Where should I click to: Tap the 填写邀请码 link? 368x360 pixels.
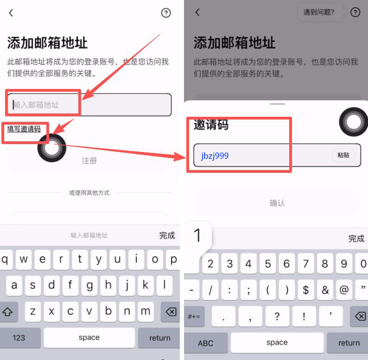coord(24,129)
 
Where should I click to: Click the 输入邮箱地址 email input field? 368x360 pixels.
coord(89,105)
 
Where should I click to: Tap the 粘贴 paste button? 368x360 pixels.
coord(343,155)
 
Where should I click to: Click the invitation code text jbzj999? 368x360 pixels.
coord(215,156)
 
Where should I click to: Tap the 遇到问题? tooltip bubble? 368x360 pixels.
coord(319,13)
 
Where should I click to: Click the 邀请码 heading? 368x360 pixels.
coord(211,125)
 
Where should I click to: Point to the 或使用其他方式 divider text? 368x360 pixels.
coord(89,193)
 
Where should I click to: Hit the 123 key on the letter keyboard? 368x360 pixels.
coord(19,338)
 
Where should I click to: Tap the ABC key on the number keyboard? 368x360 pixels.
coord(205,343)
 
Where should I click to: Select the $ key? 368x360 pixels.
coord(305,290)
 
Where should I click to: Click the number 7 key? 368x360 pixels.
coord(305,264)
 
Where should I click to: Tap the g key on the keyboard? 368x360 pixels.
coord(89,285)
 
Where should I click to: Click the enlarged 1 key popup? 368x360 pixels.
coord(198,236)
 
